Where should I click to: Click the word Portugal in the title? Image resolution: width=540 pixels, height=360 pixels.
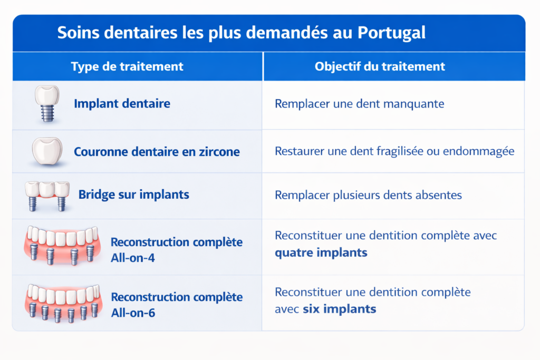pos(391,33)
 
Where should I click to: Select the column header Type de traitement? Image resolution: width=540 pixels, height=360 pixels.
pos(127,66)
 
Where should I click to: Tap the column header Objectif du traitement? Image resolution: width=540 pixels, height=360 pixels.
pos(380,66)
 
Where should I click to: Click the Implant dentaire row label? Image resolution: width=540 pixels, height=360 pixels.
pos(122,103)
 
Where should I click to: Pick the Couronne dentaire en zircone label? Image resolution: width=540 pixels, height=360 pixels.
pos(157,152)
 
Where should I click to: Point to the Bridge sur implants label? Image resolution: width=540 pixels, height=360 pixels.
pos(133,194)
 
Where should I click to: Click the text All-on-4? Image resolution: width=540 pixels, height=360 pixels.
pos(133,258)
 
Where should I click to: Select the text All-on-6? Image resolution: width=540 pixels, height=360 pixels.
pos(133,313)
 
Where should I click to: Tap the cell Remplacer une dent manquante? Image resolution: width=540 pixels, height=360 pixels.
pos(359,104)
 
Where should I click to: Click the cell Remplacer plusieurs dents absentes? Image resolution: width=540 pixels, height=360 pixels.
pos(368,195)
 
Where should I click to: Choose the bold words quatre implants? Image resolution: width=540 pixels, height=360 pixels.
pos(321,252)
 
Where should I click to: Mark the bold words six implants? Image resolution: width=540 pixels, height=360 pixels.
pos(340,309)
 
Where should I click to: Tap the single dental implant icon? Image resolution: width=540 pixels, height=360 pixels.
pos(46,103)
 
